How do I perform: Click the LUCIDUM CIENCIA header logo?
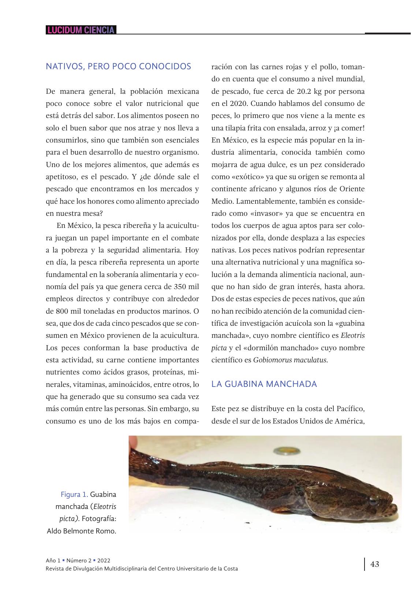coord(81,30)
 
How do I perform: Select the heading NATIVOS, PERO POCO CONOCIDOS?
coord(118,66)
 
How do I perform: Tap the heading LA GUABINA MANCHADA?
coord(264,384)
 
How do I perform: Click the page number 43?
coord(375,564)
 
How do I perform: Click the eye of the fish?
coord(372,501)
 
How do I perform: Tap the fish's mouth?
coord(394,509)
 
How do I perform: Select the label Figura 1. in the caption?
coord(74,495)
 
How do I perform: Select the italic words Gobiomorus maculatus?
coord(290,360)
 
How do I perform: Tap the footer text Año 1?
coord(53,561)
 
